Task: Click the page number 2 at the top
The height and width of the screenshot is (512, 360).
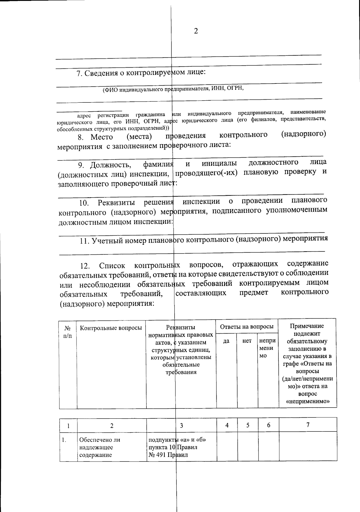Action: (x=196, y=31)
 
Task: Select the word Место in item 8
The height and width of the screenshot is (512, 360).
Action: (x=102, y=137)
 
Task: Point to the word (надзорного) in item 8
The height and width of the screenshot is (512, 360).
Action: (x=303, y=134)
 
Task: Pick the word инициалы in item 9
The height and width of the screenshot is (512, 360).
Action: (x=219, y=163)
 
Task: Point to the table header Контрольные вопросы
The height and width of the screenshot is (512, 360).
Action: (x=111, y=328)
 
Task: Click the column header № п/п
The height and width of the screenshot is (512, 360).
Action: (x=68, y=332)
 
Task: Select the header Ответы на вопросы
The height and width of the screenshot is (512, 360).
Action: (x=247, y=326)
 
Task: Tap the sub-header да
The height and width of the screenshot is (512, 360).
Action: (x=226, y=341)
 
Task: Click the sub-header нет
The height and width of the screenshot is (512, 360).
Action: (x=247, y=341)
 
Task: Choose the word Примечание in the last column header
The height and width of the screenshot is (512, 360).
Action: (x=307, y=326)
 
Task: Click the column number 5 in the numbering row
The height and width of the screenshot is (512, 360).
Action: (x=248, y=425)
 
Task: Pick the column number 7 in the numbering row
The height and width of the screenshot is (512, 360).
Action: (x=307, y=425)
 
